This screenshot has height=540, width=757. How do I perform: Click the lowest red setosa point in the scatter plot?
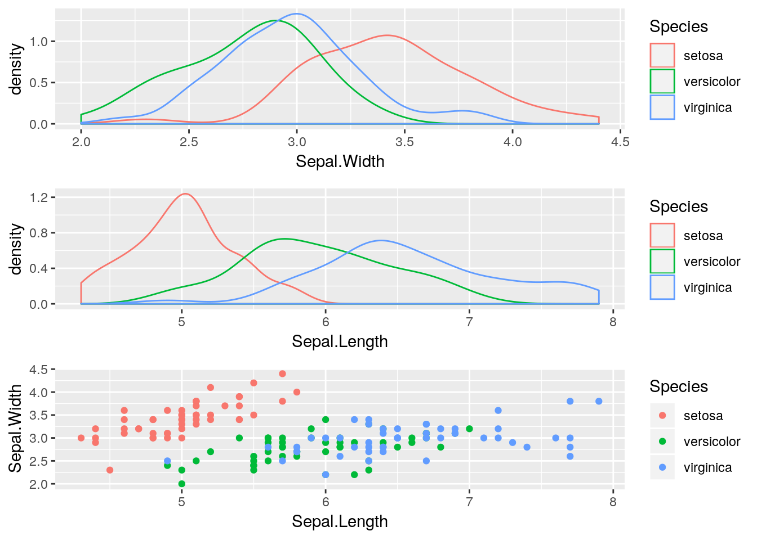point(110,470)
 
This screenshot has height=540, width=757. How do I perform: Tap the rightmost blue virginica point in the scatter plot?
point(599,401)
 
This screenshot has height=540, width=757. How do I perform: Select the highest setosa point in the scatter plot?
point(283,373)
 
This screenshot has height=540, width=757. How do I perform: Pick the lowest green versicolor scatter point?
point(182,484)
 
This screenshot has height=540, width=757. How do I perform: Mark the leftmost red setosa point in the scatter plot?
point(81,438)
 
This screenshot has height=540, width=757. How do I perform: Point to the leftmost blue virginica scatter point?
point(167,461)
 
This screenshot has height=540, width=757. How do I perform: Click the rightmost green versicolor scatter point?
point(469,429)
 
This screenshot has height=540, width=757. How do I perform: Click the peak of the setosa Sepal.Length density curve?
point(185,194)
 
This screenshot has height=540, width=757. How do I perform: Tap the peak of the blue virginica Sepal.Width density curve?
point(297,14)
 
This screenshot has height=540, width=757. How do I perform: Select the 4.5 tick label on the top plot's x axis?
point(620,142)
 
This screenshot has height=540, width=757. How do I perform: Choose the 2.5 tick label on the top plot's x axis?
point(189,142)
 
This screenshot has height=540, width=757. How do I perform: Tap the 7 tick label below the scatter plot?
point(469,502)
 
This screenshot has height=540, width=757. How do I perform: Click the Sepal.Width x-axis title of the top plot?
point(340,161)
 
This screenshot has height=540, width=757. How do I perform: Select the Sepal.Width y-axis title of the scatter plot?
point(16,428)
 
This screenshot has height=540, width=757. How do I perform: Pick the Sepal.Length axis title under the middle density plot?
point(340,341)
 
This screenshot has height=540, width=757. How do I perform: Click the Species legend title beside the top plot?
point(678,26)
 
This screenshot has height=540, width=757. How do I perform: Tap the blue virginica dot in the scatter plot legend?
point(662,467)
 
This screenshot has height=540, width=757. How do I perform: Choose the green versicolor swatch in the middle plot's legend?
point(662,262)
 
